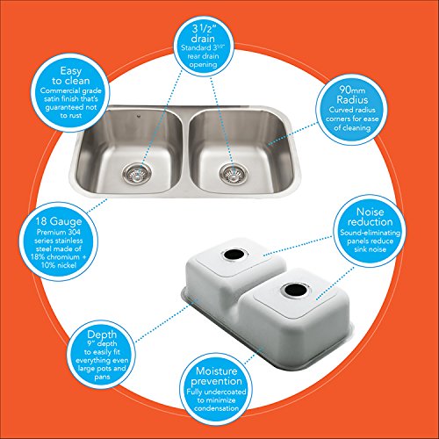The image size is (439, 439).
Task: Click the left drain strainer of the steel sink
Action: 137,174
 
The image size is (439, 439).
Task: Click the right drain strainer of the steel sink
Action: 234,174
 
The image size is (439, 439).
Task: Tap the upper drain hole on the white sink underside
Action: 234,254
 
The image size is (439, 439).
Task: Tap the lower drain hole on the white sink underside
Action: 294,289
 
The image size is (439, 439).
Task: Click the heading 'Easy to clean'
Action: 71,76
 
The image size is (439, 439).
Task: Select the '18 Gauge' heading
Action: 59,221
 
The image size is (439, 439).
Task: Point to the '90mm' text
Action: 352,90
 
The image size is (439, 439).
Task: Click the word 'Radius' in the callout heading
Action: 352,100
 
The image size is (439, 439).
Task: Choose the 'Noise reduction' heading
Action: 370,217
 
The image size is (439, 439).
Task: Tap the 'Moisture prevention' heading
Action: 216,376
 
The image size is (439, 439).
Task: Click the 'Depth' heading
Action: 102,335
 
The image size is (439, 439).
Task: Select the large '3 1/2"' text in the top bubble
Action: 203,29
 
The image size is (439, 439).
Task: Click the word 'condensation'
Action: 216,408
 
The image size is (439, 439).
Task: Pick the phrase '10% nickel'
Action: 59,265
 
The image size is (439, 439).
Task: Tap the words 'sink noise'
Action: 370,249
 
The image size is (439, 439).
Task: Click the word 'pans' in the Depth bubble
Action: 102,377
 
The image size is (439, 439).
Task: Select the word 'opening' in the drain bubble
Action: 203,64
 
